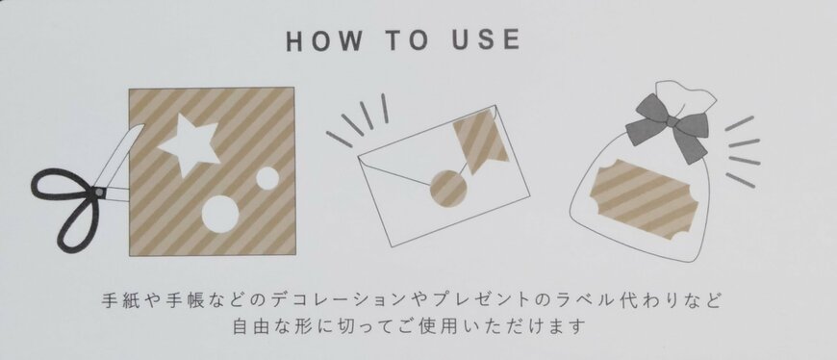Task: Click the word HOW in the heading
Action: [324, 40]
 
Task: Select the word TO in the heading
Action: [407, 40]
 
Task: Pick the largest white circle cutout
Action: [220, 215]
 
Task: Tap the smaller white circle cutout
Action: [267, 178]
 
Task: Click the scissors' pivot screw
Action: [98, 191]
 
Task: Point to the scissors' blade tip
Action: [142, 125]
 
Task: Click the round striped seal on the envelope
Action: [448, 188]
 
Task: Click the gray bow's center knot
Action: [672, 123]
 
